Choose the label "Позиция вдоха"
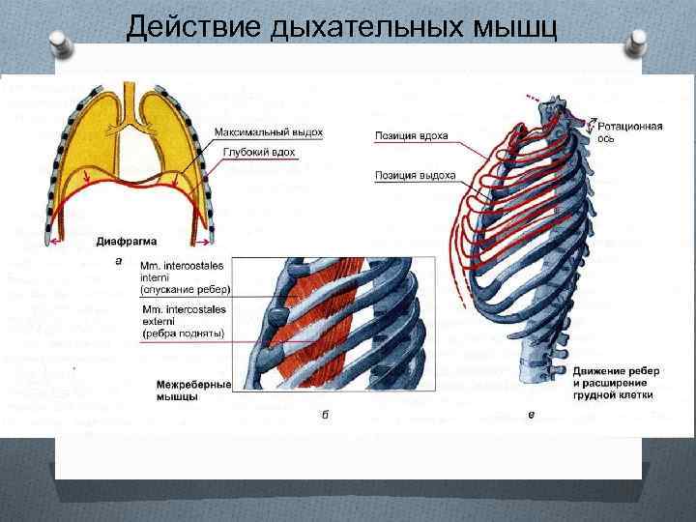(411, 136)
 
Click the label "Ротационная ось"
(629, 132)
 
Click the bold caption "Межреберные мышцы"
(193, 390)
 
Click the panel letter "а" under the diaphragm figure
(118, 260)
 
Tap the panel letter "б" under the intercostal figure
(325, 415)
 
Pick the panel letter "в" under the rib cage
(531, 415)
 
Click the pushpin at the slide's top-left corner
(58, 43)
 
